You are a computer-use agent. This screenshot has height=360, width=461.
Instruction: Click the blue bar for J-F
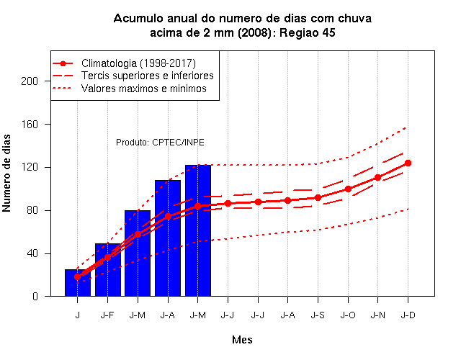tap(107, 270)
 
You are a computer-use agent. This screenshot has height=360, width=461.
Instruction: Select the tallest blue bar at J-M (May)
tap(198, 230)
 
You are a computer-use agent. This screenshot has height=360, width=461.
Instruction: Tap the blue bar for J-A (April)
tap(168, 238)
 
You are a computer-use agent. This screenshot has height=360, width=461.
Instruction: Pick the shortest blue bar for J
tap(78, 283)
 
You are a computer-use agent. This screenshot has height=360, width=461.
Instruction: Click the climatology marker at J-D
tap(408, 163)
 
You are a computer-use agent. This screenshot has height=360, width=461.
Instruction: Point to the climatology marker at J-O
tap(348, 189)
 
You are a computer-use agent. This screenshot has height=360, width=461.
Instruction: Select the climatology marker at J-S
tap(318, 198)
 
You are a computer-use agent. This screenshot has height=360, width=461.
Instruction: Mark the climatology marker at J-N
tap(377, 178)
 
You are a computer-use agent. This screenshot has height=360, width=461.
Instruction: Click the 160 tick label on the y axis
tap(30, 125)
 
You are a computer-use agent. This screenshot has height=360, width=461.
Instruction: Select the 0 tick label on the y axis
tap(35, 296)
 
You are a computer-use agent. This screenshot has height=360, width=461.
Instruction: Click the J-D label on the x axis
tap(408, 315)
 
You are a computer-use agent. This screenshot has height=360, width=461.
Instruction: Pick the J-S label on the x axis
tap(318, 315)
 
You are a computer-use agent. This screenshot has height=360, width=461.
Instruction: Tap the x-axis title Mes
tap(242, 340)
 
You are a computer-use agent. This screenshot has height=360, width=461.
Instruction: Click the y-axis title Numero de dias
tap(6, 174)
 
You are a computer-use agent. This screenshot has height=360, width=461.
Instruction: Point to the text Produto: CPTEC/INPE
tap(160, 143)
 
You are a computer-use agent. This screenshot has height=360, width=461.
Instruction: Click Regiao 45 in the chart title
tap(308, 32)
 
